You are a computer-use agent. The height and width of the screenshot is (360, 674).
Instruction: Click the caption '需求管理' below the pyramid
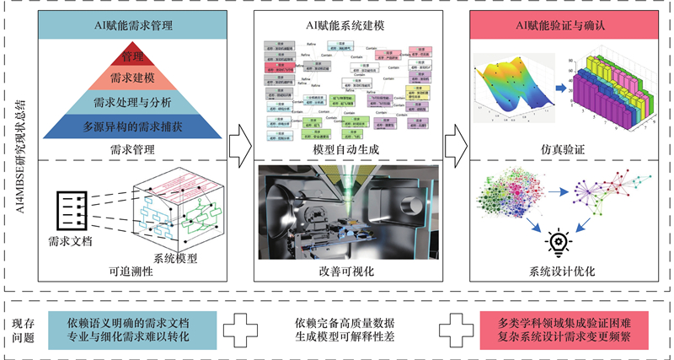coord(134,150)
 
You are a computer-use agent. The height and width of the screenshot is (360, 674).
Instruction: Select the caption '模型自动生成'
coord(346,150)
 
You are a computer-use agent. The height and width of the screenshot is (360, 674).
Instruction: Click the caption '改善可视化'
coord(346,271)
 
